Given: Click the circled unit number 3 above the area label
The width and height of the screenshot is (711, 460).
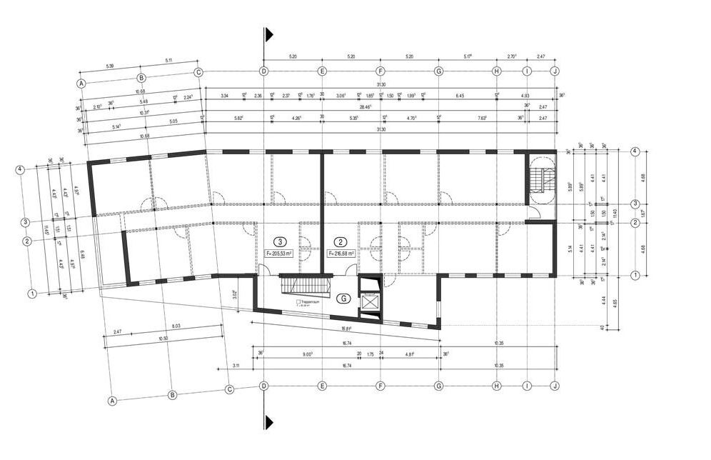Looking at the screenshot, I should click(x=281, y=241).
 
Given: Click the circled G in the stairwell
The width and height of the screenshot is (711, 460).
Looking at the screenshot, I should click(x=343, y=299).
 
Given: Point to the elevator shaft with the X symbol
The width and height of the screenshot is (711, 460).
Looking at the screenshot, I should click(x=371, y=301).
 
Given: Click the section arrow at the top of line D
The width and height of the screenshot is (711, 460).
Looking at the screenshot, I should click(x=268, y=35).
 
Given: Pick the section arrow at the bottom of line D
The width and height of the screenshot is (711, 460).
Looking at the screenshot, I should click(x=268, y=421).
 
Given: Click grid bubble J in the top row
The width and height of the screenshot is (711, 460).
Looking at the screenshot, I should click(x=554, y=71).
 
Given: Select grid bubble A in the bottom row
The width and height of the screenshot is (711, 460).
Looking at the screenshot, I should click(x=112, y=401).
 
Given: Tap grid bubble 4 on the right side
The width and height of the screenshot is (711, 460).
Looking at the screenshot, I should click(x=634, y=151).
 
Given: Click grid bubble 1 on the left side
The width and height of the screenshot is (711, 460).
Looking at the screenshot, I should click(x=32, y=293).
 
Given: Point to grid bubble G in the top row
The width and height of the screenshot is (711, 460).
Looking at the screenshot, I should click(x=438, y=71).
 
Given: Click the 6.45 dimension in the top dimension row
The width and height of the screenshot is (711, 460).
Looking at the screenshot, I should click(x=460, y=95).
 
